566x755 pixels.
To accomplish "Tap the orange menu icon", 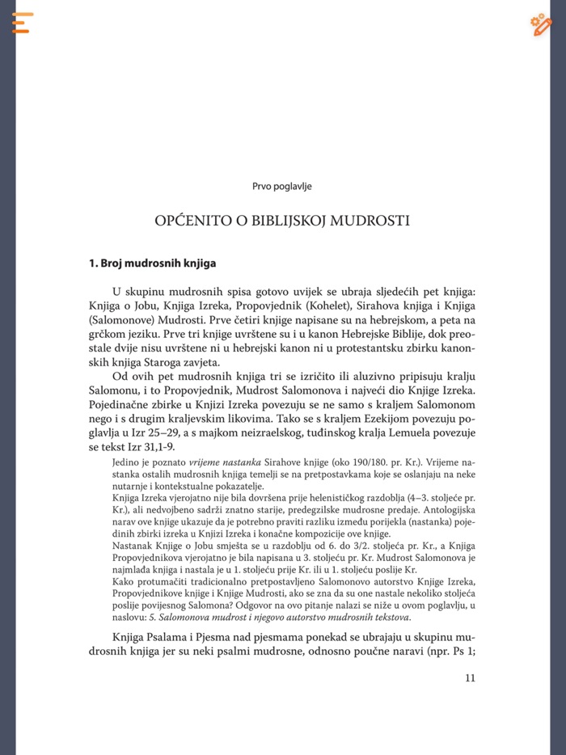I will tap(22, 23).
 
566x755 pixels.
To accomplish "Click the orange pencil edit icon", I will tap(541, 24).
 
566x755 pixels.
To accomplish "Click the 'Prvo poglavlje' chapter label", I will tap(282, 186).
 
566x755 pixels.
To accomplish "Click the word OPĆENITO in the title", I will tap(187, 221).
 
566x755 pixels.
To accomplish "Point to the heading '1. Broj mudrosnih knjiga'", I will tap(152, 263).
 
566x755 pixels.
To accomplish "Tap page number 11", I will tap(471, 678).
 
